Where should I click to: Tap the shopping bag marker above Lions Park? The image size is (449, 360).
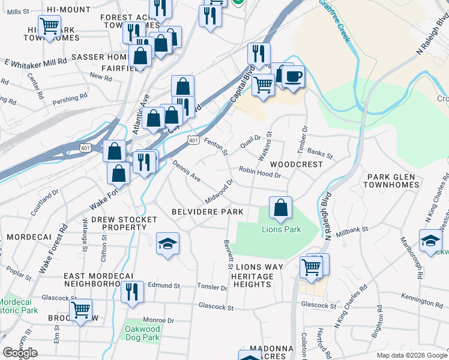(x=280, y=208)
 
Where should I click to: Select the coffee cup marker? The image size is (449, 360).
(x=293, y=77)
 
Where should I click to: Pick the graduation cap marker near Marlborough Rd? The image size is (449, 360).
(x=430, y=241)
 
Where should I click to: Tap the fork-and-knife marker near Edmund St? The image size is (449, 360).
(x=132, y=292)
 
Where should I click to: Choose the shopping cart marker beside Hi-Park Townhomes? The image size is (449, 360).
(x=49, y=27)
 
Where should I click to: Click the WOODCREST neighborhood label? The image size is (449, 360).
(x=292, y=164)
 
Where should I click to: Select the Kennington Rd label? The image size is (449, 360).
(x=421, y=298)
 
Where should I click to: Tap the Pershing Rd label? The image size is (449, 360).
(x=65, y=99)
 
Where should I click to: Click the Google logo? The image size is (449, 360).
(x=20, y=353)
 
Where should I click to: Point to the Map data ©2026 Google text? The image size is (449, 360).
(x=411, y=355)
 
